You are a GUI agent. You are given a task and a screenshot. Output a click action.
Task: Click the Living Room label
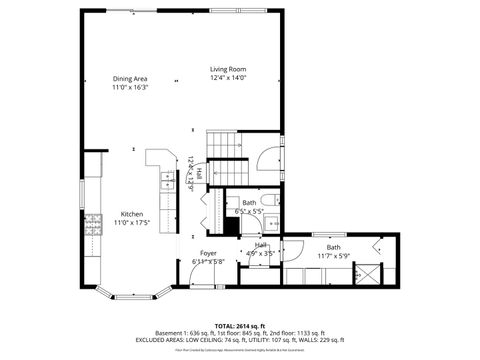(227, 68)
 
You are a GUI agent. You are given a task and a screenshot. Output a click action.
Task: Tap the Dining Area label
(130, 78)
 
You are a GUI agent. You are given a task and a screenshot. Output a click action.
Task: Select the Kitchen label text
(131, 214)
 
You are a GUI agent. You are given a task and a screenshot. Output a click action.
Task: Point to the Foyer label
(208, 253)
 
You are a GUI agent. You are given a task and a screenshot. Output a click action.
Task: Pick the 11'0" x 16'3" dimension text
(130, 87)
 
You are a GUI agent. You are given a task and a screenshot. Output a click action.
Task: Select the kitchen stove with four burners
(93, 225)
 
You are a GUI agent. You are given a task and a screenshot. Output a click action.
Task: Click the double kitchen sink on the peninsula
(165, 181)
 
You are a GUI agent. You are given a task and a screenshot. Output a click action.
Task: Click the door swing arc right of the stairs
(267, 159)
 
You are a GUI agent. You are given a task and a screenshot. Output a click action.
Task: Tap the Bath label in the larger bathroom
(333, 246)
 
